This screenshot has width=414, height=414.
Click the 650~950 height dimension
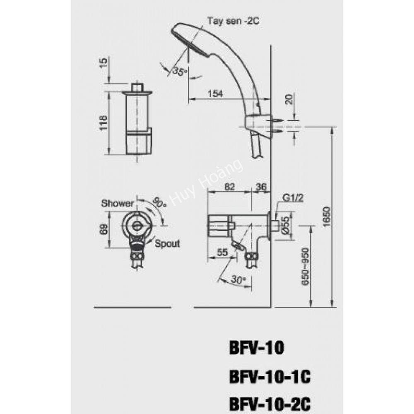tap(305, 265)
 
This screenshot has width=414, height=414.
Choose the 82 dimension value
tap(229, 187)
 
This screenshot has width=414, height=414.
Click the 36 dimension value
tap(261, 187)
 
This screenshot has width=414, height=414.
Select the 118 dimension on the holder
tap(103, 123)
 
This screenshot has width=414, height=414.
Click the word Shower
tap(118, 203)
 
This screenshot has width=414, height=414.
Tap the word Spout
tap(167, 243)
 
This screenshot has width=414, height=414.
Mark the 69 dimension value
tap(103, 229)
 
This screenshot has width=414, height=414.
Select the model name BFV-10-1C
tap(270, 377)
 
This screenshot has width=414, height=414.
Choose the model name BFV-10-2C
tap(270, 402)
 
